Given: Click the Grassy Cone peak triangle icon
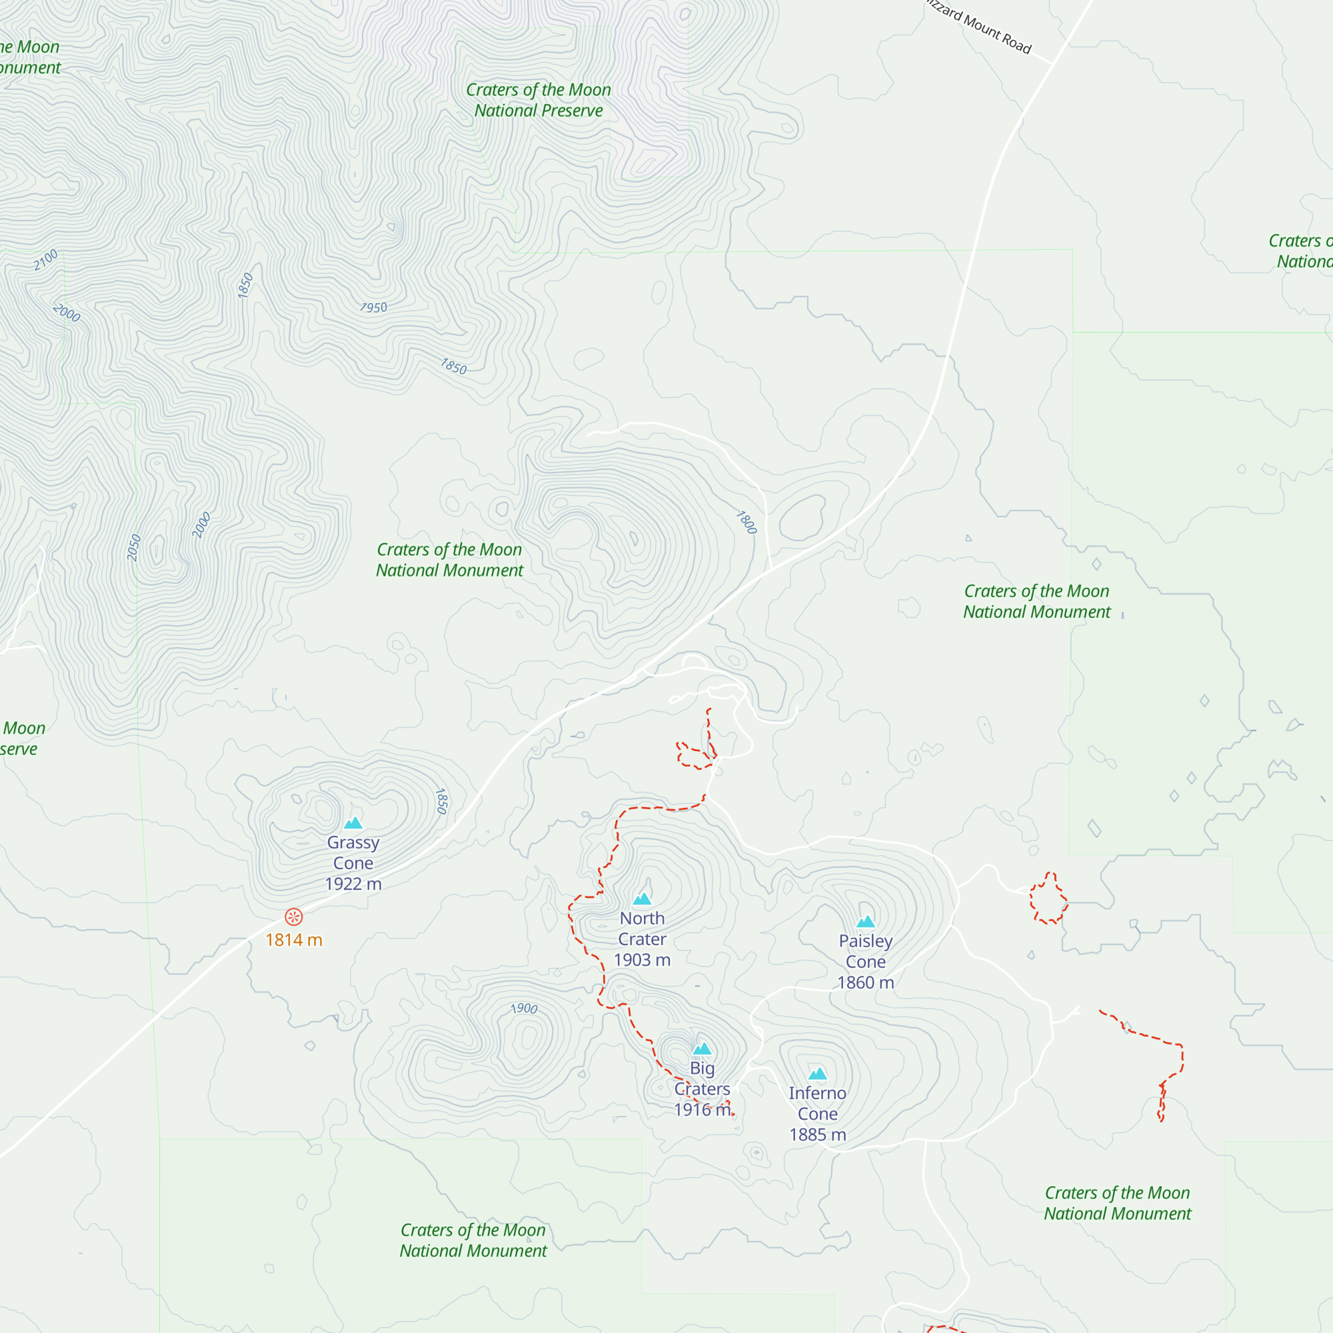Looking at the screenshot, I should (x=353, y=822).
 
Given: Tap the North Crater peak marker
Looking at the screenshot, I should (x=643, y=898).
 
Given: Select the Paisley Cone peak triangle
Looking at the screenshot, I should (x=865, y=922).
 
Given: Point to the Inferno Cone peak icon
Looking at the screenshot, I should (x=818, y=1074).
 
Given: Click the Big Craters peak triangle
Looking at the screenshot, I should (x=702, y=1048).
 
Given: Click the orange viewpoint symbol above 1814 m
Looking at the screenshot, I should (x=294, y=917).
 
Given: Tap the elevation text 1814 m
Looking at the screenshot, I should (x=294, y=940).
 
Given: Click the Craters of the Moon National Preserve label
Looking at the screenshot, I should (x=538, y=100).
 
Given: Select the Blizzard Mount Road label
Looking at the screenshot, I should (x=980, y=27).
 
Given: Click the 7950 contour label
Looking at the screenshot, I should (x=373, y=308).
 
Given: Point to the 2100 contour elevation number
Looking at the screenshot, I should (x=46, y=259).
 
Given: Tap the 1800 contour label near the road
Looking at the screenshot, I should (x=746, y=523).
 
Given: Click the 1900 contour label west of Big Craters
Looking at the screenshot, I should (x=524, y=1008).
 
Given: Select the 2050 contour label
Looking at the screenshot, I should (x=135, y=547).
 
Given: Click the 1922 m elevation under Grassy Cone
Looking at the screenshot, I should (x=353, y=884).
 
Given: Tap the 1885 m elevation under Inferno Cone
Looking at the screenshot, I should (x=818, y=1134).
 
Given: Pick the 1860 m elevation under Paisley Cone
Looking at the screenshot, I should (x=865, y=982).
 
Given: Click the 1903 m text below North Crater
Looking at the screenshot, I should (x=643, y=960).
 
